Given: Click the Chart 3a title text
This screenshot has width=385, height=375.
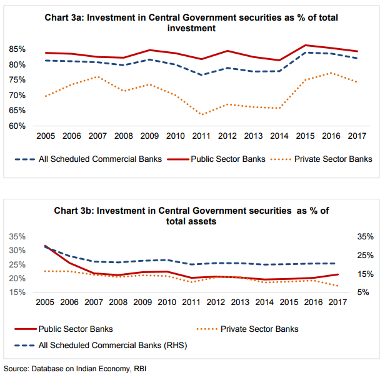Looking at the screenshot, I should pos(191,22).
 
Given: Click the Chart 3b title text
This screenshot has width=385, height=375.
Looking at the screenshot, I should pos(191,215).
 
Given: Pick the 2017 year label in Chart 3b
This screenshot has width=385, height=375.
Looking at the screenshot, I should pos(337,303).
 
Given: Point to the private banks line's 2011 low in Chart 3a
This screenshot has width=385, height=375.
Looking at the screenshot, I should pos(201,114).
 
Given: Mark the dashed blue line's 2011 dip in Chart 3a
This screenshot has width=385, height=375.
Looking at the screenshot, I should pos(201,75).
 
